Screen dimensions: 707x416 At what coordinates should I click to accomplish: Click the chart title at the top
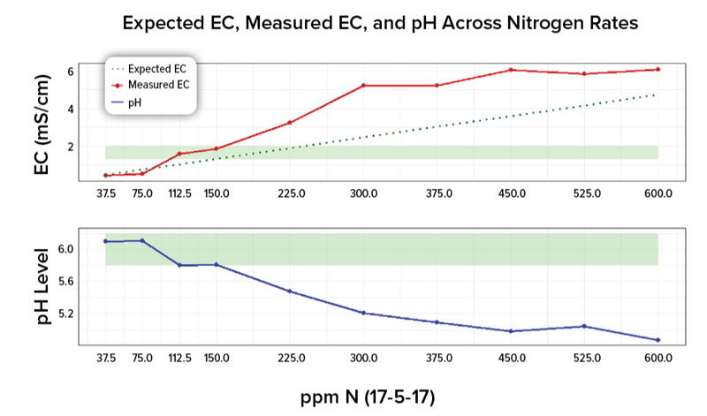coord(380,23)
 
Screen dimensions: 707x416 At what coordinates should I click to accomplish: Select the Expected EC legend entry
coord(148,69)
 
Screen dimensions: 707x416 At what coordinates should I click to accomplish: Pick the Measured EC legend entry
coord(150,85)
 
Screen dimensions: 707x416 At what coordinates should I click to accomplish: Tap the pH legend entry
coord(126,102)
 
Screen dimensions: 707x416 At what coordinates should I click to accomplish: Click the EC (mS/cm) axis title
coord(42,125)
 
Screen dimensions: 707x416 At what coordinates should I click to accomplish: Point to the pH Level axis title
coord(42,286)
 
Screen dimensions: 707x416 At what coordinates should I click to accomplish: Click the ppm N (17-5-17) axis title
coord(368,397)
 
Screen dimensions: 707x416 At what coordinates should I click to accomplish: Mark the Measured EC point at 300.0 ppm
coord(363,85)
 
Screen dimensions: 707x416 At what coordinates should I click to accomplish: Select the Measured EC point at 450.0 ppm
coord(511,70)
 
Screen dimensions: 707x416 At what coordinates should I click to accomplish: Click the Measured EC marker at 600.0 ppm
coord(658,70)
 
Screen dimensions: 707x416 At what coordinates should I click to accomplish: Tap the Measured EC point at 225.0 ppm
coord(290,123)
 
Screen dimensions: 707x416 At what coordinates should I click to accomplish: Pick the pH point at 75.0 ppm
coord(142,240)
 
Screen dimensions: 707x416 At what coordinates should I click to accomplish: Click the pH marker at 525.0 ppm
coord(584,326)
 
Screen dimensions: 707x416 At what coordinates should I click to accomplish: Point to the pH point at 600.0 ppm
coord(658,340)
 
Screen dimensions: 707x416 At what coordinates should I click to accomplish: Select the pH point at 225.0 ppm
coord(290,291)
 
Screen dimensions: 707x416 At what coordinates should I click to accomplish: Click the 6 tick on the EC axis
coord(71,72)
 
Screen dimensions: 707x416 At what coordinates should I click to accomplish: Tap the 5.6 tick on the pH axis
coord(65,282)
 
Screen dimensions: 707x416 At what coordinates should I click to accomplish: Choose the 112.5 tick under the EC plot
coord(180,193)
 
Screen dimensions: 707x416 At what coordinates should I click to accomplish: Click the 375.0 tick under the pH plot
coord(439,359)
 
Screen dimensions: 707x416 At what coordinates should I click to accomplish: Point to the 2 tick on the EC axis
coord(71,147)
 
